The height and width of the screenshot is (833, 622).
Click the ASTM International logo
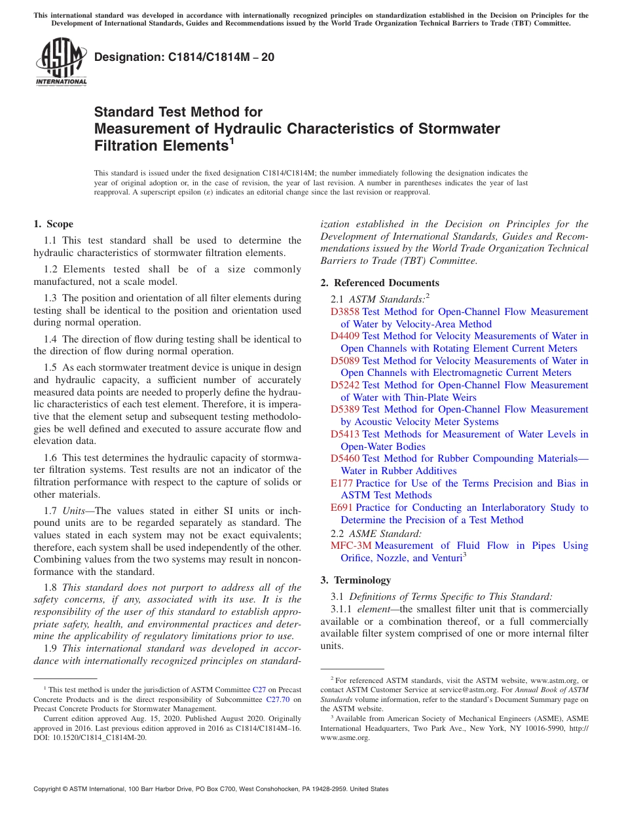[61, 62]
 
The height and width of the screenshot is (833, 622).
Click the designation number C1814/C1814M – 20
[184, 57]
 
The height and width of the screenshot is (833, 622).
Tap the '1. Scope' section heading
[53, 224]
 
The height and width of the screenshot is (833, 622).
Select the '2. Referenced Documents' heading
[379, 283]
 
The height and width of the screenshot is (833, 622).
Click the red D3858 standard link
[344, 312]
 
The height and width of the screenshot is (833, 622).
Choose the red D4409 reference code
[344, 336]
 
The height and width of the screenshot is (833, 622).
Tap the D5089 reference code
[344, 361]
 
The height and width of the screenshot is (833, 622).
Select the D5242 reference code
[344, 385]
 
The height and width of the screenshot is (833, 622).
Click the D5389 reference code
[344, 409]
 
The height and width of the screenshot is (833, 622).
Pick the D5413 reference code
[344, 434]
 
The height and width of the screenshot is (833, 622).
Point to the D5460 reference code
[344, 458]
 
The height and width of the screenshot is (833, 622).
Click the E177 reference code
[342, 483]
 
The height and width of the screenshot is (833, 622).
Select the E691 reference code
[342, 508]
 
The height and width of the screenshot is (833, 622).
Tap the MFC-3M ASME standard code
[351, 546]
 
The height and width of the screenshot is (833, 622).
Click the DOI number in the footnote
[98, 737]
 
